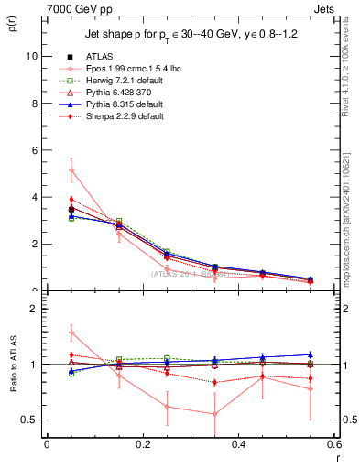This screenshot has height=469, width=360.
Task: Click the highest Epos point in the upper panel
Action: click(x=71, y=169)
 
